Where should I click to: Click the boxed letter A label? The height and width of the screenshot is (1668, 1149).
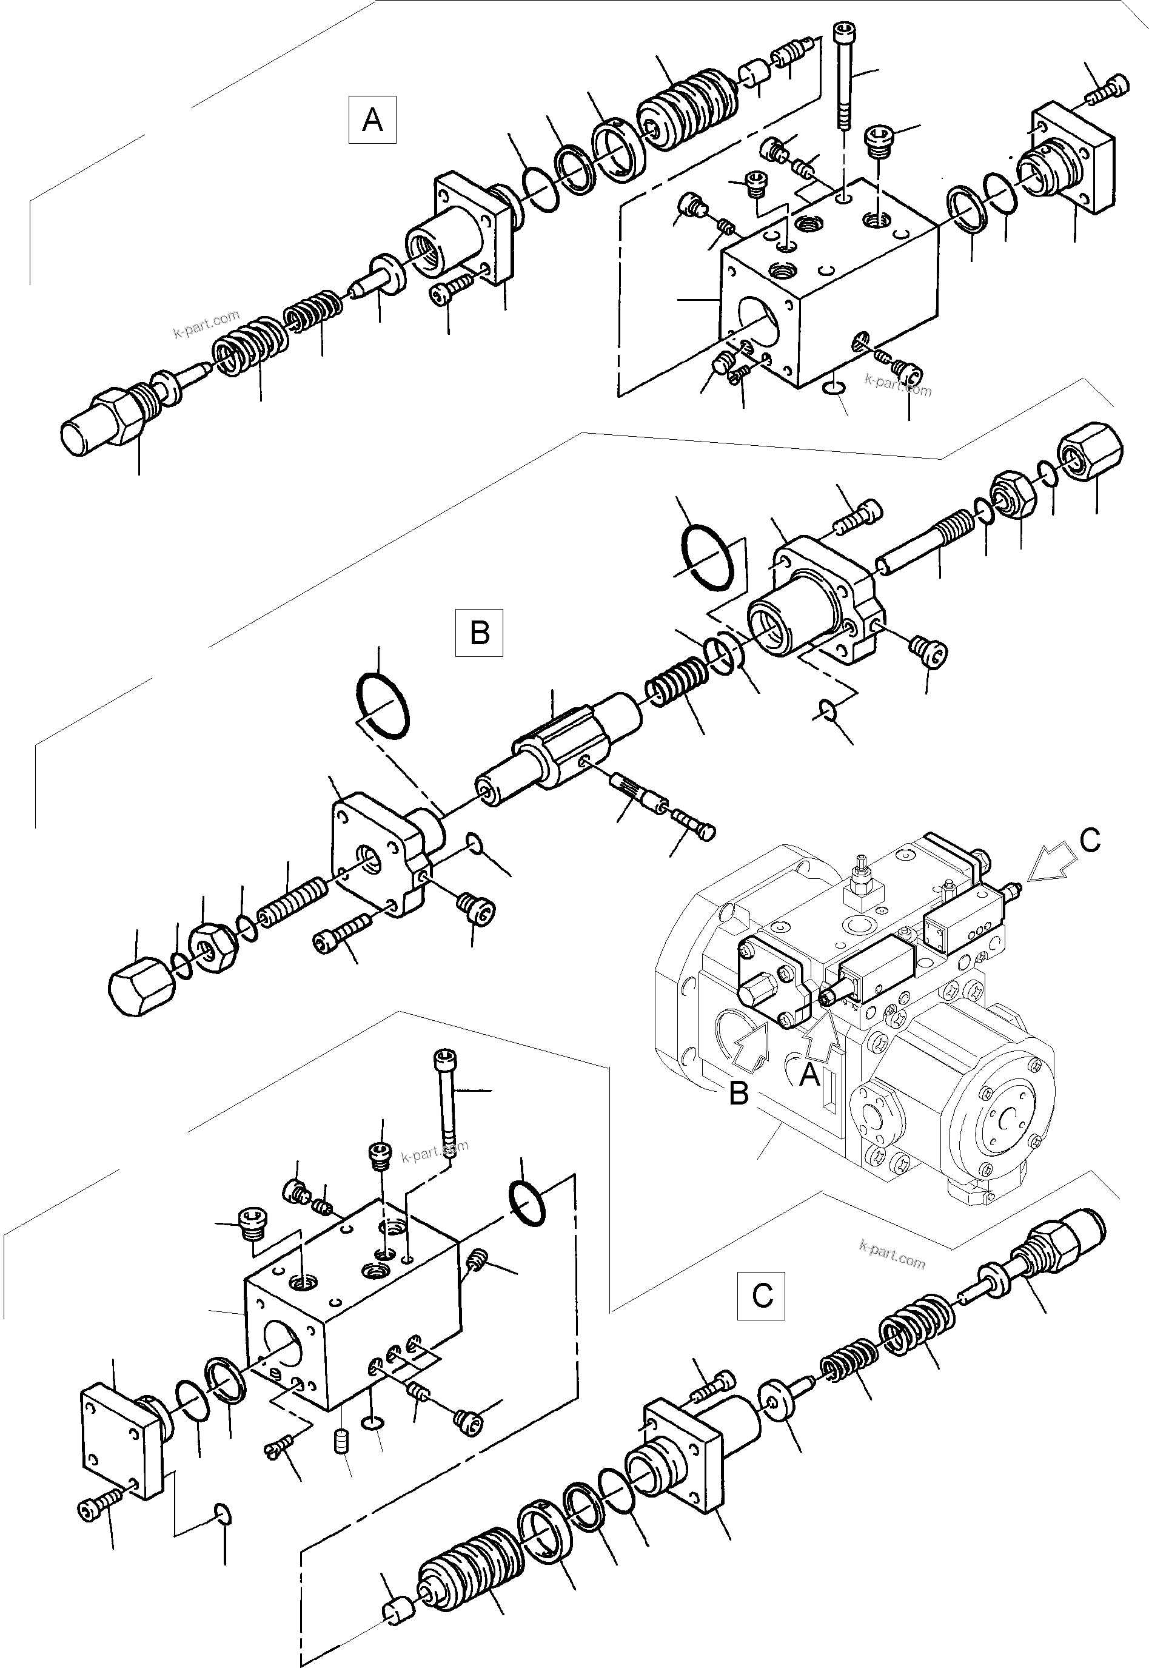pyautogui.click(x=372, y=119)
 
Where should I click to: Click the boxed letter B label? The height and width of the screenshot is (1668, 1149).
pyautogui.click(x=480, y=633)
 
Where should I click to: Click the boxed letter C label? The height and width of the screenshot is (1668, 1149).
pyautogui.click(x=761, y=1296)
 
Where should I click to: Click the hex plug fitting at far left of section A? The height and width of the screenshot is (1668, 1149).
pyautogui.click(x=101, y=423)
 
